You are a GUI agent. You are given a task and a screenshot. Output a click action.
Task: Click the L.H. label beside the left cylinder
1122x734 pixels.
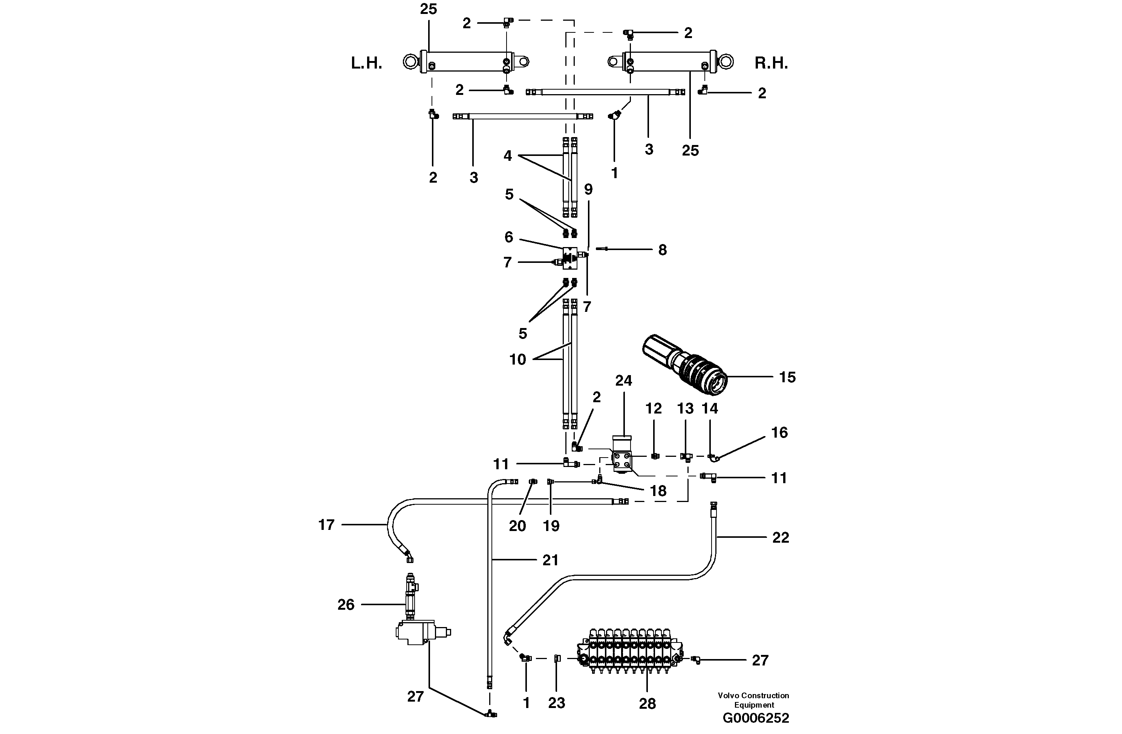366,63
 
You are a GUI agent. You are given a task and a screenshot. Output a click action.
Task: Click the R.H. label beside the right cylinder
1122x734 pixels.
771,63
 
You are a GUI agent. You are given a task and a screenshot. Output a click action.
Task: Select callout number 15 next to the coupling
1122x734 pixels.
787,377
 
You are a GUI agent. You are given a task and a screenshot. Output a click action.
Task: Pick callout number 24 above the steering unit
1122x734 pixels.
623,381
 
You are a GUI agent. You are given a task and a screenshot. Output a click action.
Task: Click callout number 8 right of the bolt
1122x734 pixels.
662,250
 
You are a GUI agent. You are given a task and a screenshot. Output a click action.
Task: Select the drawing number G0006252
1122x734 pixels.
755,718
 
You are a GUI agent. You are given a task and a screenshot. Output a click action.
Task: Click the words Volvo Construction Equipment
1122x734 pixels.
753,700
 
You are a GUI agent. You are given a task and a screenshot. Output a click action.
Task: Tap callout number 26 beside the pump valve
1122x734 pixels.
346,604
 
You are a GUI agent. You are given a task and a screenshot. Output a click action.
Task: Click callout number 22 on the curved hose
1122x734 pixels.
780,537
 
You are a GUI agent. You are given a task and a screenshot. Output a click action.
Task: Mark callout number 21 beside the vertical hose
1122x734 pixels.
550,560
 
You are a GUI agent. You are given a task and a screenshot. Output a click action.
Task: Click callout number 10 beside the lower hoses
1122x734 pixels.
517,359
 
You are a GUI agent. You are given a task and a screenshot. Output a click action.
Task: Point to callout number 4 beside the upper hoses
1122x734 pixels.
507,156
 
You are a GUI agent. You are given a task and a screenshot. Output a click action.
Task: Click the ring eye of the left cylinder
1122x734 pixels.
412,61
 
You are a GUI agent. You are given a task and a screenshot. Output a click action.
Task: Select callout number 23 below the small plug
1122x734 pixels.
556,703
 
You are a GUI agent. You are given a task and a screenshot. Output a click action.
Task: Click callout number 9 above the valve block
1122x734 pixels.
588,189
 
